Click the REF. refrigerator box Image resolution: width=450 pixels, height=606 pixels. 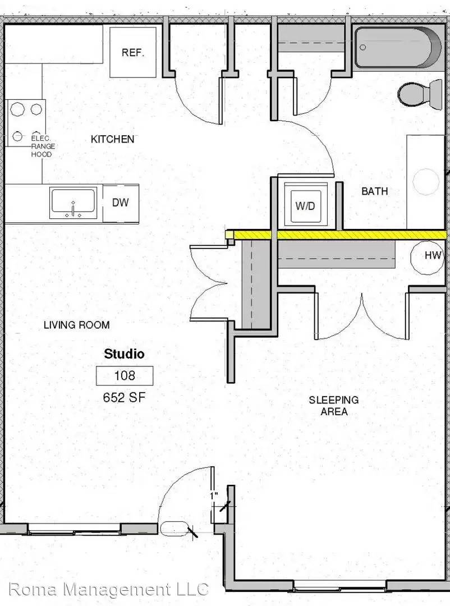click(x=132, y=52)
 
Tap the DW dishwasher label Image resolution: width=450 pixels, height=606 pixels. click(x=120, y=203)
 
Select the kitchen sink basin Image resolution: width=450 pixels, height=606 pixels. click(x=73, y=203)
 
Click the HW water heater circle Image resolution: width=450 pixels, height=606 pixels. click(x=428, y=255)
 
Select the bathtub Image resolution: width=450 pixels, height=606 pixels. click(x=398, y=48)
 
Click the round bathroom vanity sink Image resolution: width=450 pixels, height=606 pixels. click(x=426, y=181)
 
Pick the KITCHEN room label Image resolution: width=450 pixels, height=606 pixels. click(x=112, y=139)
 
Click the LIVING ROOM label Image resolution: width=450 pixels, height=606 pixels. click(x=76, y=325)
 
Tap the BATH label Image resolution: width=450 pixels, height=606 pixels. click(x=375, y=191)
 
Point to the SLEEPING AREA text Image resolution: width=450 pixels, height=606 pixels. click(x=334, y=406)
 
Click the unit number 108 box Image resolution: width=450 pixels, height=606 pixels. click(x=125, y=375)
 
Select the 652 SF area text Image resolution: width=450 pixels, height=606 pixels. click(x=124, y=397)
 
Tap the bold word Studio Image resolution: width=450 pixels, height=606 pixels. click(x=124, y=353)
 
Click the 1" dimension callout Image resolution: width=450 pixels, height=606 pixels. click(x=214, y=495)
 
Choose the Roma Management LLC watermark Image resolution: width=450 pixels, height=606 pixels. click(x=109, y=589)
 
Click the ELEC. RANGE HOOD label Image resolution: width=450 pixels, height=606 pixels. click(x=43, y=146)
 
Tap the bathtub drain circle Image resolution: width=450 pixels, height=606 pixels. click(x=362, y=47)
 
